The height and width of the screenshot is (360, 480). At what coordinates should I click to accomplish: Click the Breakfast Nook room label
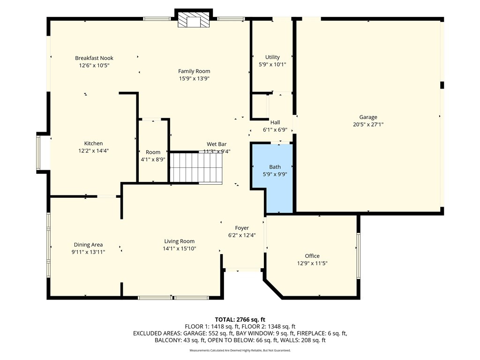click(94, 58)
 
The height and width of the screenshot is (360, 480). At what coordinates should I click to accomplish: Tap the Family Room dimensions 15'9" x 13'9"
click(194, 79)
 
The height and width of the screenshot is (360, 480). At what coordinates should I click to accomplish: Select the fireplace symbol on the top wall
click(194, 20)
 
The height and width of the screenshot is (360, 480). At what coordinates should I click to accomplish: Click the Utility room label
click(272, 57)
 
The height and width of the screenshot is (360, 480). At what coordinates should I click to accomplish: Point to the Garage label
click(368, 117)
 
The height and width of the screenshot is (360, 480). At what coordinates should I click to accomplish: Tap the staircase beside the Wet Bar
click(195, 168)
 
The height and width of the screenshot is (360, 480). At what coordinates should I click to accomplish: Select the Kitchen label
click(93, 143)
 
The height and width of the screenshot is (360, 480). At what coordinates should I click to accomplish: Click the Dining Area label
click(88, 245)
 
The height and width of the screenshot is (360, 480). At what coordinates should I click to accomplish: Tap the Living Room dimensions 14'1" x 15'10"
click(179, 249)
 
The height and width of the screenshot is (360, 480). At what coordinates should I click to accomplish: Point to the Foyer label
click(242, 228)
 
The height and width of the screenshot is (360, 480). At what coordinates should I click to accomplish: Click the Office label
click(312, 256)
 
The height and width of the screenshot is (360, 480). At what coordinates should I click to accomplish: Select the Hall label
click(275, 122)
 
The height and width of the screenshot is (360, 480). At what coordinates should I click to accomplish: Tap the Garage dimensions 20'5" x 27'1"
click(368, 125)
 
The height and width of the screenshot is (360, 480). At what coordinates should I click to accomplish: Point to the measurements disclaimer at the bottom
click(240, 350)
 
